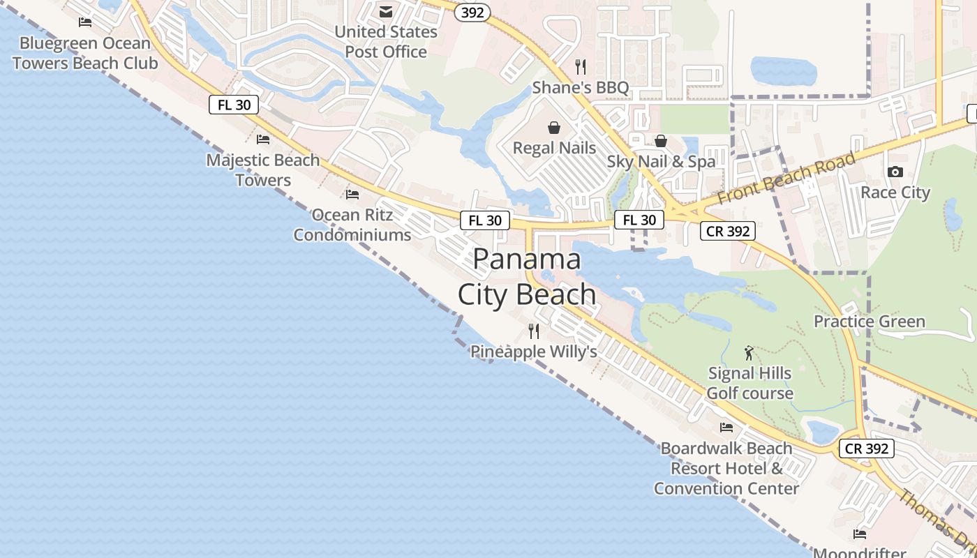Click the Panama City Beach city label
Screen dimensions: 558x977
click(527, 277)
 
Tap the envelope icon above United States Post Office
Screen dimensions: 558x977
click(386, 12)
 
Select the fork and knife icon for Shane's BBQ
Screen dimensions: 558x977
click(580, 66)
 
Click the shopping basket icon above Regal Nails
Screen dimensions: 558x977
click(554, 128)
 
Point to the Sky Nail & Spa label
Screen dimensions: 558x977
click(661, 161)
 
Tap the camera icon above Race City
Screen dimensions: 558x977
click(895, 172)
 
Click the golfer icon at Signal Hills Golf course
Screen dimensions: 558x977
click(749, 353)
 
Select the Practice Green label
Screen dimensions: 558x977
click(869, 322)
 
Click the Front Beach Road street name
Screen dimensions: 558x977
click(786, 179)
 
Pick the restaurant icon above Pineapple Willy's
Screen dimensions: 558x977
click(534, 331)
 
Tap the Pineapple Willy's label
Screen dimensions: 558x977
click(534, 352)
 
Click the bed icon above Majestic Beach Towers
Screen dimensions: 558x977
click(263, 139)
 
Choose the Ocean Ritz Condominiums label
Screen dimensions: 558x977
click(352, 225)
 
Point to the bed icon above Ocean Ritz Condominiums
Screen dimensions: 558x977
click(352, 194)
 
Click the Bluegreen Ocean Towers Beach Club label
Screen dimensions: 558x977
click(85, 53)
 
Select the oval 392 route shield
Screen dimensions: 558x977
click(472, 13)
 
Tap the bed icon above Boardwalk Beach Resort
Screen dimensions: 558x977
click(726, 427)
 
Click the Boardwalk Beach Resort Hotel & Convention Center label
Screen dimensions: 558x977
click(726, 468)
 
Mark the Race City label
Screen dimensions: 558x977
click(895, 193)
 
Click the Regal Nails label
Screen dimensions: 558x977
click(554, 148)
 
